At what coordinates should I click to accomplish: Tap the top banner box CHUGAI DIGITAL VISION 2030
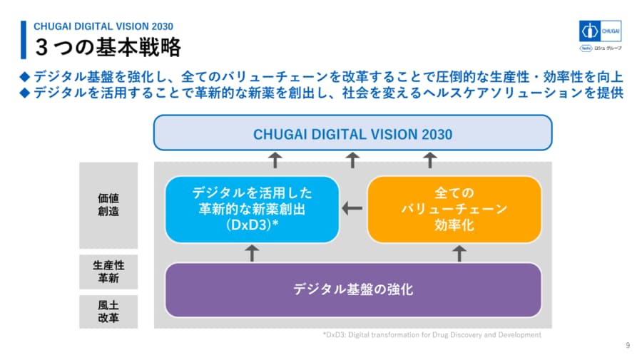pyautogui.click(x=353, y=133)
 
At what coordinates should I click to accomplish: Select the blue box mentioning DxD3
pyautogui.click(x=251, y=209)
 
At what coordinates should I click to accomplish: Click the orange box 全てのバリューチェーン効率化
pyautogui.click(x=454, y=209)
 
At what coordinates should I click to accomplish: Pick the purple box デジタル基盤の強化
pyautogui.click(x=353, y=289)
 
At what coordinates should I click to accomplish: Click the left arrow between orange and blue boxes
pyautogui.click(x=352, y=209)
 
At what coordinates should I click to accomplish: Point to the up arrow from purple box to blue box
pyautogui.click(x=251, y=252)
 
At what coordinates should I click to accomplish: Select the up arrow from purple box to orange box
pyautogui.click(x=459, y=252)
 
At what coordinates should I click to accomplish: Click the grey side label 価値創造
pyautogui.click(x=108, y=205)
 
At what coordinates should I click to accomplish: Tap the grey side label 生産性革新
pyautogui.click(x=108, y=272)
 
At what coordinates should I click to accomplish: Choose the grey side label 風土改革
pyautogui.click(x=108, y=312)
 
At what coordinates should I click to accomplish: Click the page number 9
pyautogui.click(x=628, y=346)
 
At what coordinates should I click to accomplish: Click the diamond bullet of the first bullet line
pyautogui.click(x=24, y=76)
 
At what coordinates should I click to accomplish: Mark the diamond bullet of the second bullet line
pyautogui.click(x=24, y=93)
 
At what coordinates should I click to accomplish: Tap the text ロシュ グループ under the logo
pyautogui.click(x=608, y=49)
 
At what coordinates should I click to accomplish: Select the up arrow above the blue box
pyautogui.click(x=275, y=160)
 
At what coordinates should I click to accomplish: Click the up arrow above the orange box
pyautogui.click(x=430, y=160)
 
